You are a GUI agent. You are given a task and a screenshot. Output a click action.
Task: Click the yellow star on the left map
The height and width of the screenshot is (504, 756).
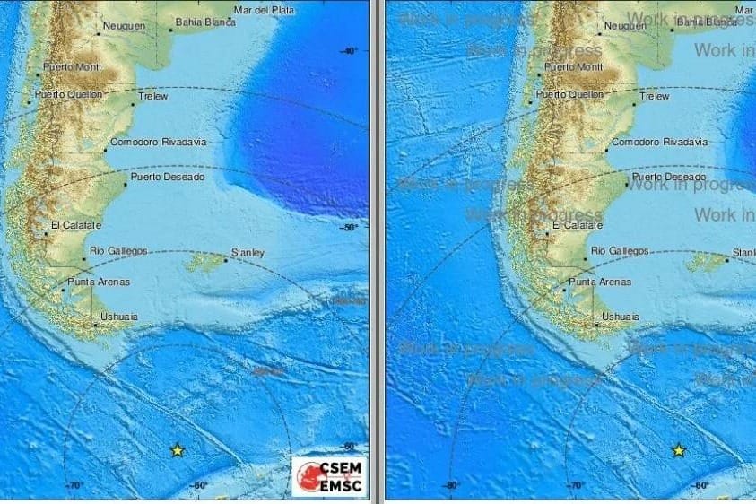[x=178, y=450]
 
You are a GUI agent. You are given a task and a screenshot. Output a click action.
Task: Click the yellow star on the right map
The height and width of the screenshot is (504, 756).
[x=679, y=450]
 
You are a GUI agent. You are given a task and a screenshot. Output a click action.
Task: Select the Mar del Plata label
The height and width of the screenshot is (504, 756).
[x=264, y=10]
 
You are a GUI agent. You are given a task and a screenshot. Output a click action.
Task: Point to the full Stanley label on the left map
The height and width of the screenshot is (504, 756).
[x=248, y=253]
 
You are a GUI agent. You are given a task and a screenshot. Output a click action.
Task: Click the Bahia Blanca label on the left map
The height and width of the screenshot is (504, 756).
[x=205, y=22]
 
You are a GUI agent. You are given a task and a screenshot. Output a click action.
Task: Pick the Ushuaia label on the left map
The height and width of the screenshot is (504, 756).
[x=119, y=317]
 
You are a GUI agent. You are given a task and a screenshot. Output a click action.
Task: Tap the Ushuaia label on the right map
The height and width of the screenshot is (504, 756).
[x=621, y=317]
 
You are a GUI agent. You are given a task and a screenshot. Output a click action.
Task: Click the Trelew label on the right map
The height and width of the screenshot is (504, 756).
[x=655, y=96]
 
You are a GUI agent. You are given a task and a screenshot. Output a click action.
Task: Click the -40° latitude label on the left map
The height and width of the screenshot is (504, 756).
[x=350, y=51]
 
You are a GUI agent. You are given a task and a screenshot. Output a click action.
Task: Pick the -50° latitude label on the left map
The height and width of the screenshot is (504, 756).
[x=350, y=227]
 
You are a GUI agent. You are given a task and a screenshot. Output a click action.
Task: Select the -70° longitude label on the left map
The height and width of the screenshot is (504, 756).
[x=74, y=485]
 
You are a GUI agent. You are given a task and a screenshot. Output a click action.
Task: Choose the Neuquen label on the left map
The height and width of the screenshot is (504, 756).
[x=125, y=26]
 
